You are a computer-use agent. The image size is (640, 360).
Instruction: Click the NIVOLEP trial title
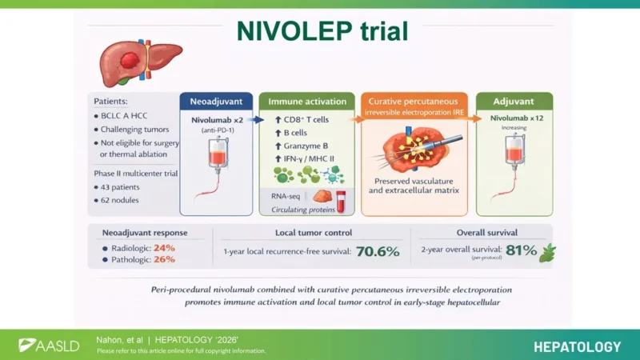(322, 31)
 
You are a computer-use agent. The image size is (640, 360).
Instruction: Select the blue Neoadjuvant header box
(215, 102)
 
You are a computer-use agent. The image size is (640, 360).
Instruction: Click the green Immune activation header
(306, 102)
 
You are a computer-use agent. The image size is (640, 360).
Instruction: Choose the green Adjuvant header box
(514, 102)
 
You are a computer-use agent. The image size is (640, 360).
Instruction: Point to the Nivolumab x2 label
(215, 119)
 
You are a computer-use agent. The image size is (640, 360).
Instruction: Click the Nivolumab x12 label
(514, 118)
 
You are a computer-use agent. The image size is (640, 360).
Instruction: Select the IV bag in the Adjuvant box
(514, 152)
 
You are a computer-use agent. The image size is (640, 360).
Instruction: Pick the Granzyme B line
(307, 146)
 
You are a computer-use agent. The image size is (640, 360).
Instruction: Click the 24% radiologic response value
(164, 247)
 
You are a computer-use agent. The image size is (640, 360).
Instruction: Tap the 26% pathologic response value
(164, 259)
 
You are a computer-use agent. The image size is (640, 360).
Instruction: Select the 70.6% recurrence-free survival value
(377, 252)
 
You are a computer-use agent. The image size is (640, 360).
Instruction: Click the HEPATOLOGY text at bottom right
(577, 346)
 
